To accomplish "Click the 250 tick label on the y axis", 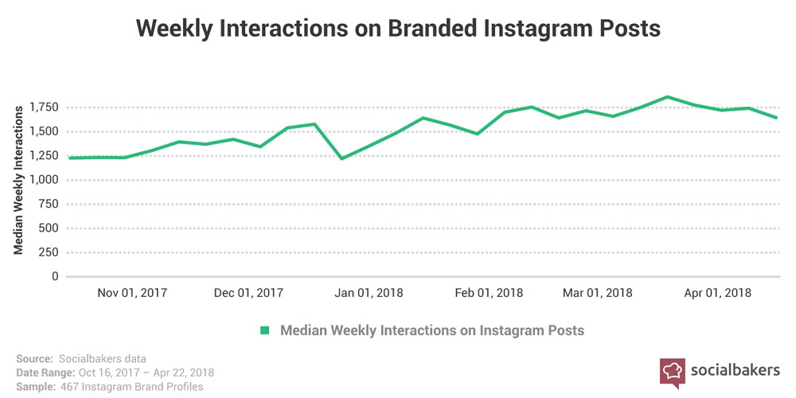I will click(49, 252).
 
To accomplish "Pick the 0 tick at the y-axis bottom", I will click(55, 277).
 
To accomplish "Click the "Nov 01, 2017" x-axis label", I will click(132, 292).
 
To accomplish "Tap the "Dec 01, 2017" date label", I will click(248, 292).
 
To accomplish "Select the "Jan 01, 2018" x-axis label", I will click(369, 292).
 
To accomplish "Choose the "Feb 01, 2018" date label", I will click(489, 292).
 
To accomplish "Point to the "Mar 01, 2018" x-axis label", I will click(598, 292).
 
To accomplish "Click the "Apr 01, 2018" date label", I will click(717, 292).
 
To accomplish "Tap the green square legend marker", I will click(265, 330).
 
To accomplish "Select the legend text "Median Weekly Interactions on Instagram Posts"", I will click(432, 330).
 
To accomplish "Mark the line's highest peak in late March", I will click(667, 97).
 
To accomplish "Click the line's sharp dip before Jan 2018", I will click(341, 158).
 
